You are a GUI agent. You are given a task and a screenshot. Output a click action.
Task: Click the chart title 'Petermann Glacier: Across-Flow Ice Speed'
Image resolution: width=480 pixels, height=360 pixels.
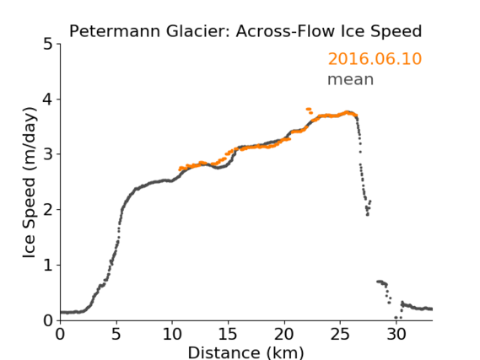click(245, 31)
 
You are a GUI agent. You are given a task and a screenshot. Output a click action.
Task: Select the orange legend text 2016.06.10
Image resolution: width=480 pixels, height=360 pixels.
click(375, 59)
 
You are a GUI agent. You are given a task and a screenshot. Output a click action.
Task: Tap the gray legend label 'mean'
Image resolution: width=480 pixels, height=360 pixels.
click(351, 79)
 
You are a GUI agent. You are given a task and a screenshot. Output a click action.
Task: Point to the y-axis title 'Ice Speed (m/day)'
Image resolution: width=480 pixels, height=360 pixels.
click(30, 183)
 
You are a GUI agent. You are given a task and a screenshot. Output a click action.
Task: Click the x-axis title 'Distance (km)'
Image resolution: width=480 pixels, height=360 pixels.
click(245, 352)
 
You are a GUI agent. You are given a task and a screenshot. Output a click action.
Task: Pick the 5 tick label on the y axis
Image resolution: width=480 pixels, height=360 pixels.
click(48, 45)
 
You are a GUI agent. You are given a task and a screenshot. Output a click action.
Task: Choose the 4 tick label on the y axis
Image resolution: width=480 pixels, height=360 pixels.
click(48, 99)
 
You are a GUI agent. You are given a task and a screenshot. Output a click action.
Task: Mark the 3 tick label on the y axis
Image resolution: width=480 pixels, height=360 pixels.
click(48, 154)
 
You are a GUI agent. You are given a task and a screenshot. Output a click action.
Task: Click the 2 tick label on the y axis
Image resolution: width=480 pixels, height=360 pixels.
click(48, 210)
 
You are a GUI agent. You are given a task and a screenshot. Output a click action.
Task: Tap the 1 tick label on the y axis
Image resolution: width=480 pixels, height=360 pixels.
click(48, 265)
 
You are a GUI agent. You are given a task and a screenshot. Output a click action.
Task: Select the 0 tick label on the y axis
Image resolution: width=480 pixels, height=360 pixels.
click(48, 320)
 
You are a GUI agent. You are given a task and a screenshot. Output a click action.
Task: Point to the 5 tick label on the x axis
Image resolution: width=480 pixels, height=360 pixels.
click(116, 334)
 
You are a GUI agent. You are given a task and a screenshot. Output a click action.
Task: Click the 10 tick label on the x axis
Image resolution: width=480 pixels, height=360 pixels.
click(172, 334)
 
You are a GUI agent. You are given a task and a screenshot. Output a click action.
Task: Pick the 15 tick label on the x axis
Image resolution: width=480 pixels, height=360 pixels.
click(228, 334)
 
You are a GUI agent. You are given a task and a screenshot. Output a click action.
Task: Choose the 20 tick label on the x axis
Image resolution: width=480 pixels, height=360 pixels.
click(284, 334)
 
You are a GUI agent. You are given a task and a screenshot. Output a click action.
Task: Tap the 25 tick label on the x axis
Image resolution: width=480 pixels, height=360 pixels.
click(340, 334)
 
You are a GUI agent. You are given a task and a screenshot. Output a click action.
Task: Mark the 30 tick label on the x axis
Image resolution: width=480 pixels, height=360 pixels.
click(396, 334)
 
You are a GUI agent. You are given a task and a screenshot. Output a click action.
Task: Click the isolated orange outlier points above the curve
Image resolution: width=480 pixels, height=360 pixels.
click(310, 110)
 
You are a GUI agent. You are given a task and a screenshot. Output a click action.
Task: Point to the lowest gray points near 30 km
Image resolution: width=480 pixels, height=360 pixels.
click(398, 318)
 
